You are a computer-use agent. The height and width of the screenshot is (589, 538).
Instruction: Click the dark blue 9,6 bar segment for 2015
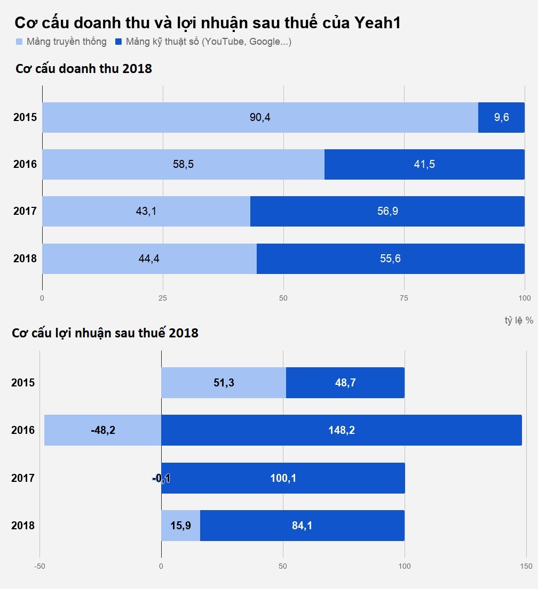point(501,117)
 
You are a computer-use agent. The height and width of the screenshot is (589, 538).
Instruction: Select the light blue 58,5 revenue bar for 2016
point(183,164)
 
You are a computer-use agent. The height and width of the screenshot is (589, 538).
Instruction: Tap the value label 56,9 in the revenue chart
point(387,211)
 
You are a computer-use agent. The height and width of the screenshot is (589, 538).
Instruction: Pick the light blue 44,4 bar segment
point(149,259)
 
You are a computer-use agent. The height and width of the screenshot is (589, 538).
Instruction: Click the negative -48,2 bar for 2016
point(102,430)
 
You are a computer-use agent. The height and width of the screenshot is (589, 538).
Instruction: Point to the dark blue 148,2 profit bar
point(342,430)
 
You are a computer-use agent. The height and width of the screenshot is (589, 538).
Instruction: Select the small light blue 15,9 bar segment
point(180,526)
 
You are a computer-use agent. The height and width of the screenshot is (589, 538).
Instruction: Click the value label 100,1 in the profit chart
point(283,478)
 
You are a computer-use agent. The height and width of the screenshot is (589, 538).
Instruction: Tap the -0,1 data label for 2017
point(161,478)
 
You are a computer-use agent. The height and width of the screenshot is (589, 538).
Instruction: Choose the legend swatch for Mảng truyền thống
point(19,42)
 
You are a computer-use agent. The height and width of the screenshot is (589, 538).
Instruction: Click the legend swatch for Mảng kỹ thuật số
point(119,42)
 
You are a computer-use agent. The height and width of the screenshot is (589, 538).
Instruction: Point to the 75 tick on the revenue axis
point(404,298)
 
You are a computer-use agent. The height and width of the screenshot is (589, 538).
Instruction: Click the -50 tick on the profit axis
point(39,566)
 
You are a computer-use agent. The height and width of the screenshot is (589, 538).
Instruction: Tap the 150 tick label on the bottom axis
point(526,566)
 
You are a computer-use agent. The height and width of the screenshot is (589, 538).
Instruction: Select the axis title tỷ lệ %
point(519,320)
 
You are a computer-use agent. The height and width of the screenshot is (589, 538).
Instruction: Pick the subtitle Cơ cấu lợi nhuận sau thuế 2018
point(105,333)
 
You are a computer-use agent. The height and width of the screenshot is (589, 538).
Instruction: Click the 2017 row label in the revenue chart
point(25,211)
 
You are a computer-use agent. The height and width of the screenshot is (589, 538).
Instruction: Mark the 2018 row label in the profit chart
point(23,526)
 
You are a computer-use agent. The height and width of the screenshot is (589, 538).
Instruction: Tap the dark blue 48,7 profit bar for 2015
point(345,383)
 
